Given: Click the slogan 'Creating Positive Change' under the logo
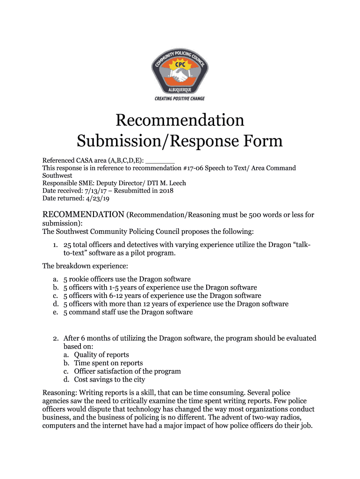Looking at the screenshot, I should [180, 99].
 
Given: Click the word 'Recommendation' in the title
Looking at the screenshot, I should [180, 120].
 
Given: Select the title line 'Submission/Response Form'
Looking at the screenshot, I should [180, 141].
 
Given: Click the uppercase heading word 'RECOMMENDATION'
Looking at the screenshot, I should [83, 215].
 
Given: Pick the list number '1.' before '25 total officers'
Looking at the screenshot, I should [55, 246].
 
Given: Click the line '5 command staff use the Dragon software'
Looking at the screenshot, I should [128, 312].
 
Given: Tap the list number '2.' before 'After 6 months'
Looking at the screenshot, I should [55, 338].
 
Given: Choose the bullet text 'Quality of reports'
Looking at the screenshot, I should [101, 355].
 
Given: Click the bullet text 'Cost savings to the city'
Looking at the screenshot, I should [109, 379].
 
